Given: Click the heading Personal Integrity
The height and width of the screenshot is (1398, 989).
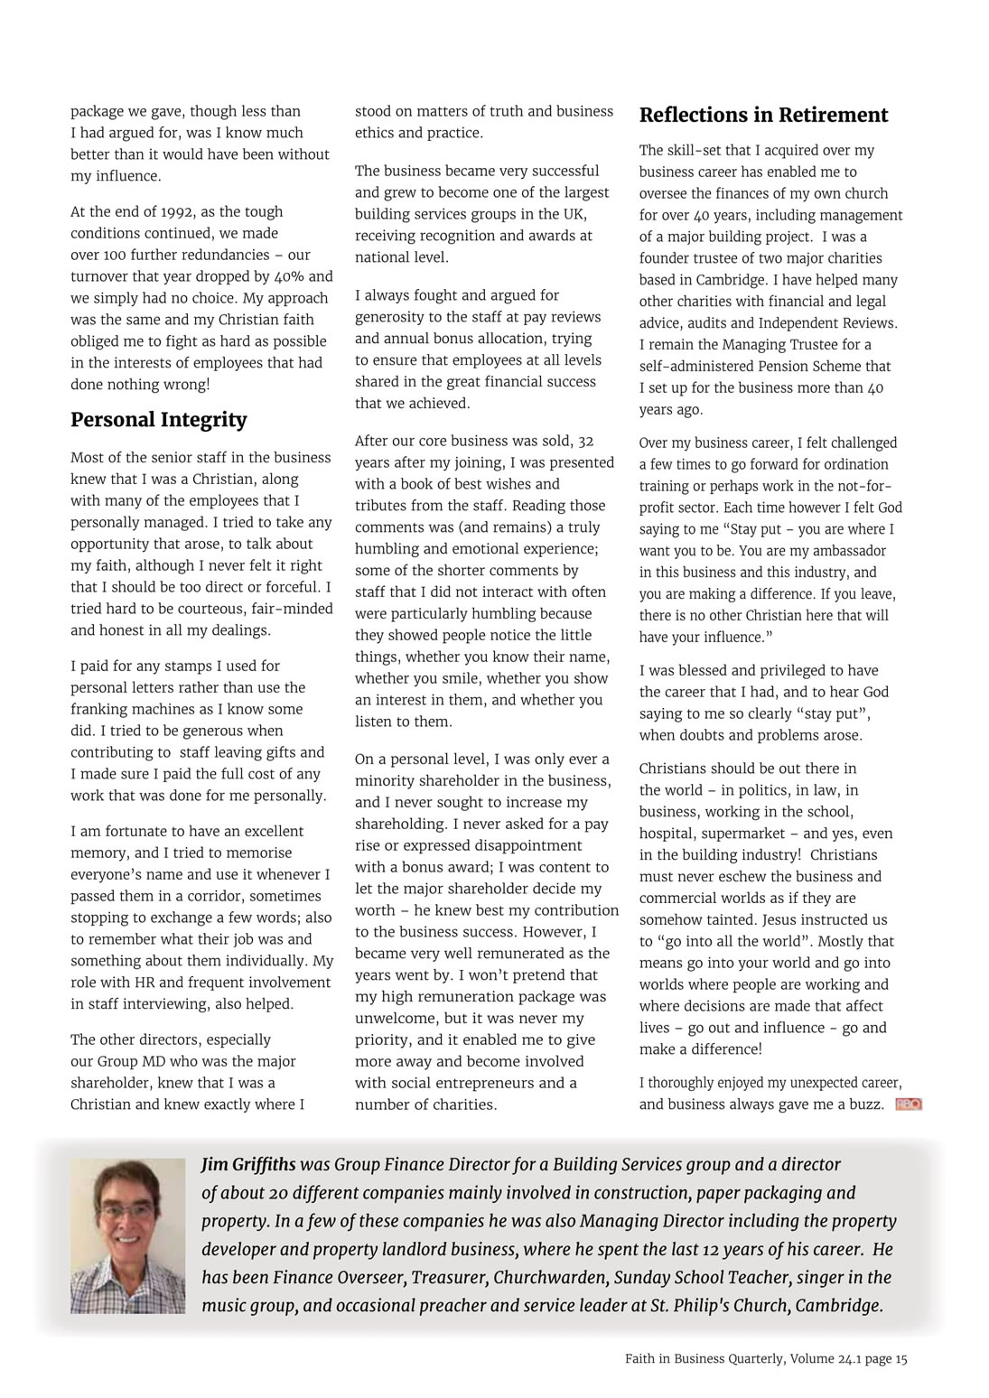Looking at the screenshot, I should click(x=158, y=420).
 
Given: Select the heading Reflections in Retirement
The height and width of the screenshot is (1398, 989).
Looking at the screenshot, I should click(x=763, y=115).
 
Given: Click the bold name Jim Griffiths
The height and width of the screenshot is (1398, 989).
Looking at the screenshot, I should click(x=248, y=1165).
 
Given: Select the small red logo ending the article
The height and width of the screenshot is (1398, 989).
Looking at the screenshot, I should click(x=908, y=1104).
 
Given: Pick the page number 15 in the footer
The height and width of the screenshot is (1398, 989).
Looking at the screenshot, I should click(x=901, y=1359).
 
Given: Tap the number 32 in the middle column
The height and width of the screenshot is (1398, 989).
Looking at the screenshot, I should click(x=585, y=442).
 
